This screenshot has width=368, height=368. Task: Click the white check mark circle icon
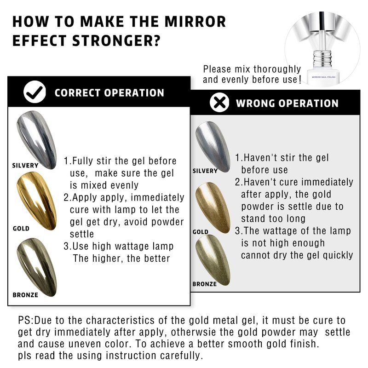[35, 92]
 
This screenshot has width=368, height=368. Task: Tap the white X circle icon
[219, 103]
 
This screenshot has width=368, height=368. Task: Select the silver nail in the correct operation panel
[37, 140]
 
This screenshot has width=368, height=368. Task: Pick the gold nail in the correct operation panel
[37, 201]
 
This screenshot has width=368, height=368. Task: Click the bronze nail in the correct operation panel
[37, 267]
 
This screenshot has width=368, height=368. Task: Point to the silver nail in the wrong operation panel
[213, 147]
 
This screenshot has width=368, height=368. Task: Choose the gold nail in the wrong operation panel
[213, 207]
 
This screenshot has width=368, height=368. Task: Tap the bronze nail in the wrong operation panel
[213, 260]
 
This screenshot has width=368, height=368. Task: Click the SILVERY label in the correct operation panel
[25, 166]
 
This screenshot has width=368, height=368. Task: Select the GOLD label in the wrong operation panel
[201, 232]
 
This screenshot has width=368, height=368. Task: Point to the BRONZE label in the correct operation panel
[25, 295]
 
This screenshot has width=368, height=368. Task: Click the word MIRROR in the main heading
[195, 22]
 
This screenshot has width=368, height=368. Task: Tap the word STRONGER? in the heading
[116, 40]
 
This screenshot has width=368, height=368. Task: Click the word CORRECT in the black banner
[77, 93]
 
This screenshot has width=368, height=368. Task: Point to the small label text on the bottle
[324, 77]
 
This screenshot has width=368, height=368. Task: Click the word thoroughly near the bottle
[277, 69]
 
